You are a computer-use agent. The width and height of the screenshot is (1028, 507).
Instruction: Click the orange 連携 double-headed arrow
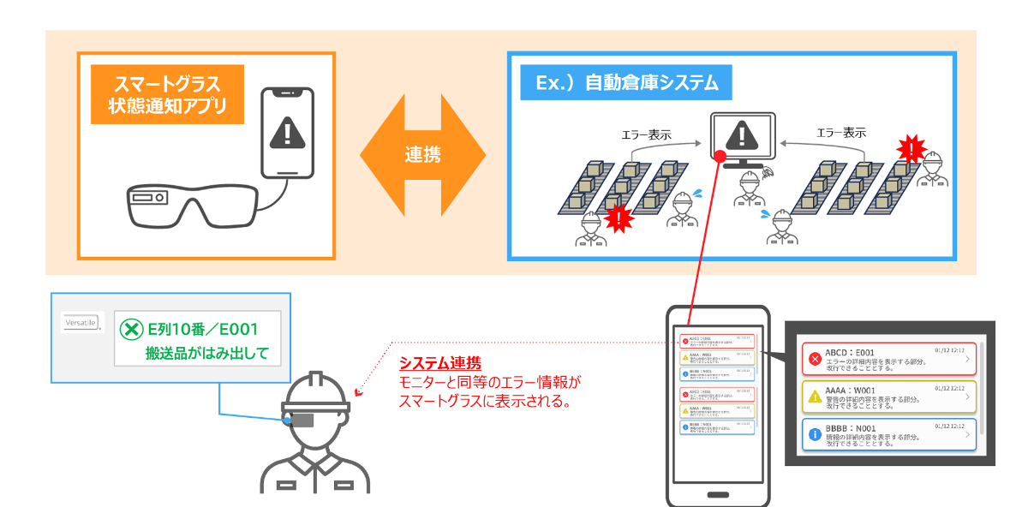422,156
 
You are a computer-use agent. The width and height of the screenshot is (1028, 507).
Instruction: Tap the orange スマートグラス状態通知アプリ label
163,95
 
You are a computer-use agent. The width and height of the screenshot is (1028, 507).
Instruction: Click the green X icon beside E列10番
131,329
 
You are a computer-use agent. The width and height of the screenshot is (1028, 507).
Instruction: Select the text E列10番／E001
203,328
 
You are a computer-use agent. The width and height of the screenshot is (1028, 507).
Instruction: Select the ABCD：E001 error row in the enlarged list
889,358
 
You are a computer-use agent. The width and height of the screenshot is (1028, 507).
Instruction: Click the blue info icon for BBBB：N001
815,435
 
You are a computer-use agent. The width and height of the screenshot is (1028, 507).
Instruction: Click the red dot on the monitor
720,156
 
